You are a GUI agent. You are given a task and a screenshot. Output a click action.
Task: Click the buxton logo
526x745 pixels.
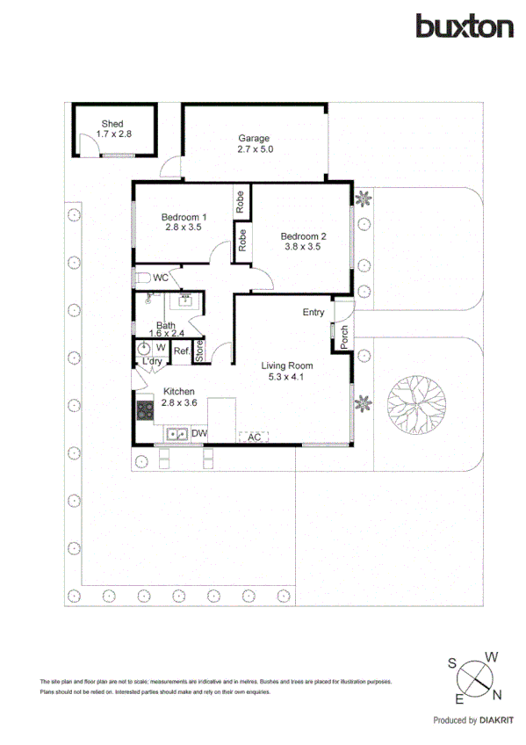point(464,26)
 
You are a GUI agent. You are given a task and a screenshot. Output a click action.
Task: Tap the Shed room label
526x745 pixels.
point(112,124)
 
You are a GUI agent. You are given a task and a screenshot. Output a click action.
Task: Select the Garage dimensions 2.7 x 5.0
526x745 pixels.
point(255,149)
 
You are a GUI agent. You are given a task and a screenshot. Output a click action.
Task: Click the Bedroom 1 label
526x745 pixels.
point(184,216)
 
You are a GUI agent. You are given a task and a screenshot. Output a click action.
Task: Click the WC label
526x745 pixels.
point(161,278)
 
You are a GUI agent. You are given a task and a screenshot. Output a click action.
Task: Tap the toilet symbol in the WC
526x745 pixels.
point(143,278)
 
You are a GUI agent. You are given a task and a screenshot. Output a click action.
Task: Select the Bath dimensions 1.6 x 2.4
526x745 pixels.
point(165,333)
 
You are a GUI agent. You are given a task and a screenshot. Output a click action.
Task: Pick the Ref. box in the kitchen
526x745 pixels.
point(182,351)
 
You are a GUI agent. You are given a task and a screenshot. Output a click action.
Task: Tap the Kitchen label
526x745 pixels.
point(177,392)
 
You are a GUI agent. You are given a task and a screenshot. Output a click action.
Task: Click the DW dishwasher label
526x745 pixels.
point(199,433)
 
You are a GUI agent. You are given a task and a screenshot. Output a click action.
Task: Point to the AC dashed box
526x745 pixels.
point(253,437)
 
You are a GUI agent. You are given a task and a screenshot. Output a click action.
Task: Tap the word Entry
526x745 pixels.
point(313,312)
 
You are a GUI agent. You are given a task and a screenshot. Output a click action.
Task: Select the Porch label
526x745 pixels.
point(343,337)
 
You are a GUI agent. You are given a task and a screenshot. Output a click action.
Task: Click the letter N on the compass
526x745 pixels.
point(499,697)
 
